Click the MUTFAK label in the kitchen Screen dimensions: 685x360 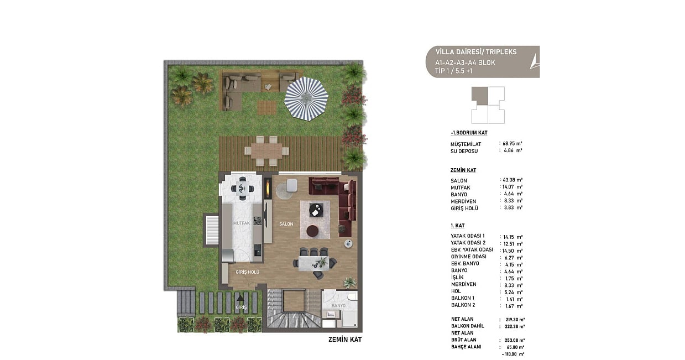[242, 223]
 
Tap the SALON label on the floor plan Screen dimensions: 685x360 [286, 224]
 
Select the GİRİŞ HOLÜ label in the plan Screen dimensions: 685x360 [248, 272]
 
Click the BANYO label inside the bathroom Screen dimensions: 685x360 [338, 306]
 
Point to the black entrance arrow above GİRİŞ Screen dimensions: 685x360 [240, 298]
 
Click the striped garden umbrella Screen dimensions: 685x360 [306, 98]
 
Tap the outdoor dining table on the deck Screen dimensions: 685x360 [266, 151]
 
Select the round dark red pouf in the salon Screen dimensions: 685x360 [312, 231]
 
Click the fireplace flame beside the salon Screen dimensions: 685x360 [268, 187]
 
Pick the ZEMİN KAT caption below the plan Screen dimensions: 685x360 [345, 340]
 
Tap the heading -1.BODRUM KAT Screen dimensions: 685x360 [469, 133]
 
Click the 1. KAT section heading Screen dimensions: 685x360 [457, 226]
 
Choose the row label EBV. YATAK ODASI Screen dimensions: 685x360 [472, 249]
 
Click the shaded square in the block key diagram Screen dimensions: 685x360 [480, 96]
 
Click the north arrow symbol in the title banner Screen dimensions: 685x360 [535, 61]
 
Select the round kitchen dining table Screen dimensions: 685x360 [242, 188]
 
